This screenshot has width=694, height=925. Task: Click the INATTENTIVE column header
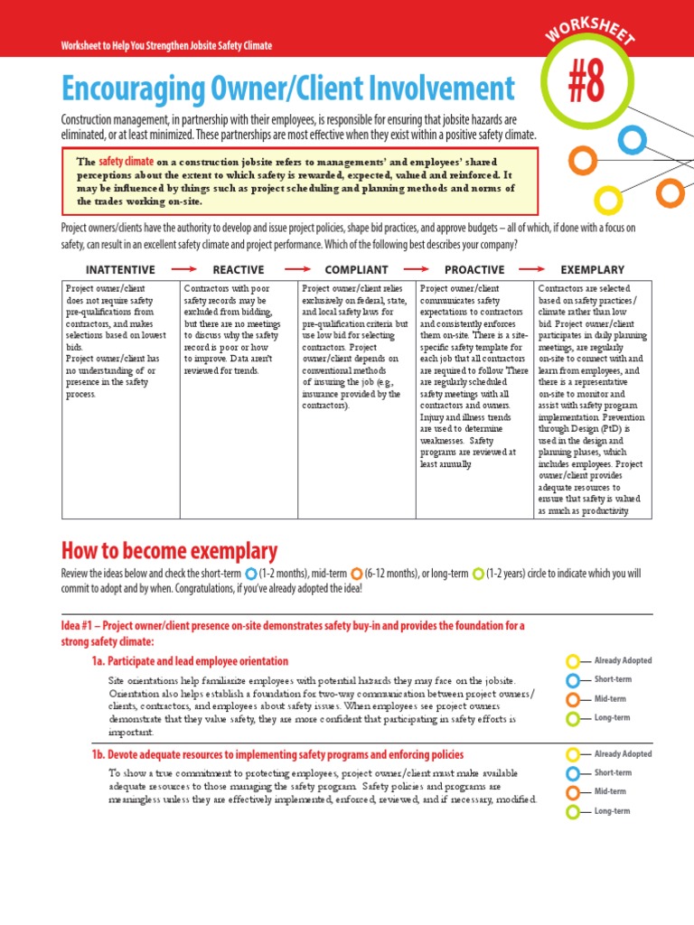[x=119, y=269]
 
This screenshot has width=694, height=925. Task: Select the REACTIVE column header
[x=239, y=269]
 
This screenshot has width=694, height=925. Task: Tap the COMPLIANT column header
[x=356, y=269]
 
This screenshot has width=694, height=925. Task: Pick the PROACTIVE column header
[x=474, y=269]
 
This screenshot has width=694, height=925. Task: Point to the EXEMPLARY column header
[x=592, y=269]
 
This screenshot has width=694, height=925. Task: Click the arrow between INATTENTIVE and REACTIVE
[x=183, y=269]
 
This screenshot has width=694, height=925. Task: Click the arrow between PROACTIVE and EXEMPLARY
[x=533, y=269]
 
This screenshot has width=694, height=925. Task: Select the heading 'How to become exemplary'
[x=169, y=551]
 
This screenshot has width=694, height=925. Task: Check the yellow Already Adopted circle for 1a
[x=573, y=661]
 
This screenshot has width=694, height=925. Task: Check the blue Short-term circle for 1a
[x=573, y=680]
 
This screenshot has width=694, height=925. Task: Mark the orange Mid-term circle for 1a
[x=573, y=700]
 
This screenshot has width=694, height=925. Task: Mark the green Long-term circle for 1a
[x=573, y=719]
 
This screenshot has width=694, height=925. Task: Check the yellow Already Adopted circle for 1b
[x=573, y=754]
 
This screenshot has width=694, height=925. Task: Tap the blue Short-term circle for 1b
[x=573, y=773]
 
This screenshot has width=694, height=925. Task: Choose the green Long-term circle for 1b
[x=573, y=812]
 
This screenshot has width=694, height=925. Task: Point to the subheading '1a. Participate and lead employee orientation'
[x=190, y=661]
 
